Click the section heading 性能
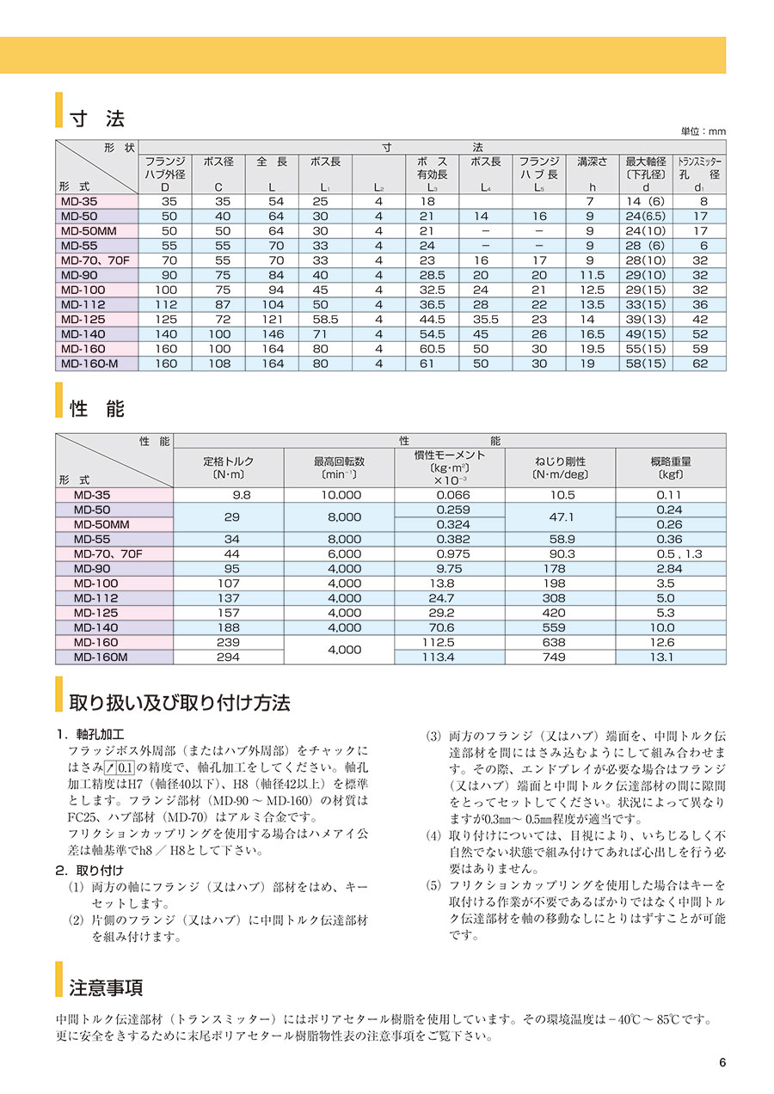97,409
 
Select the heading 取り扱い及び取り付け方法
180,703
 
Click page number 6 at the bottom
722,1062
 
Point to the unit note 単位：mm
703,131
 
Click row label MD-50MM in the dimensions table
95,231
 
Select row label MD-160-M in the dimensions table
95,364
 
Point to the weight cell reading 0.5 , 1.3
668,554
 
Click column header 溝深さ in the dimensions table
593,161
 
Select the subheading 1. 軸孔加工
90,736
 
